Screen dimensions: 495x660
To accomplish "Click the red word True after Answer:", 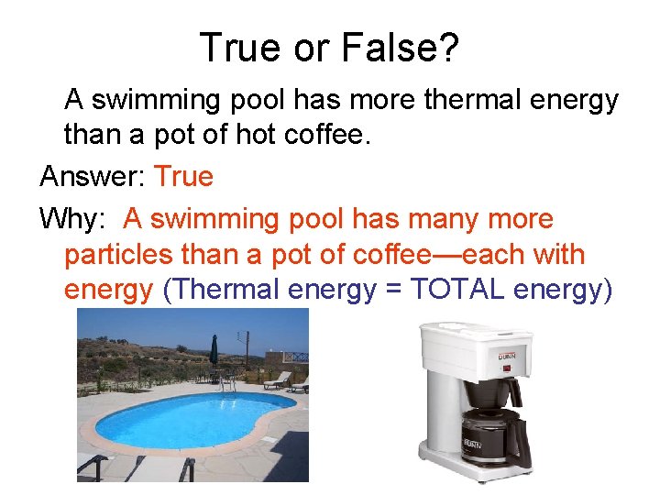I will coord(183,176).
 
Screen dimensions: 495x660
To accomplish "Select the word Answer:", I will coord(93,176).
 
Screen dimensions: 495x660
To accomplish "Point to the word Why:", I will coord(76,219).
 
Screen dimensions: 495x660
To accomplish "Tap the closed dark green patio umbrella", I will coord(214,350).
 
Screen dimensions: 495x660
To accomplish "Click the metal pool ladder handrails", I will coord(226,383).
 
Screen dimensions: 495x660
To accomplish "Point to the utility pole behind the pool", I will coord(246,348).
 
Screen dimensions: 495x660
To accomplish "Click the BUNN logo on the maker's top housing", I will coord(508,356).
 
